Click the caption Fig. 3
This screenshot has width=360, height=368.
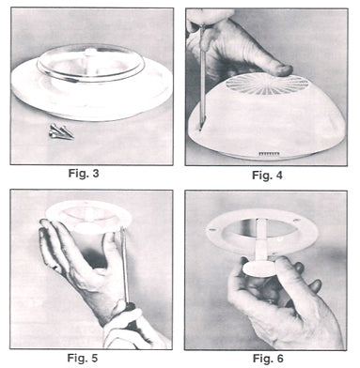click(x=84, y=173)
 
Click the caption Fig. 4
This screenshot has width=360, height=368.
click(x=267, y=176)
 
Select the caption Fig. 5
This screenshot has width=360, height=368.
click(x=83, y=358)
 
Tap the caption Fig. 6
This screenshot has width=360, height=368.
click(x=268, y=358)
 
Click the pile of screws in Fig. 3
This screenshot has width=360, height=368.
click(x=61, y=130)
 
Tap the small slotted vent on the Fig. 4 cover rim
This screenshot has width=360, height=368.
click(x=269, y=154)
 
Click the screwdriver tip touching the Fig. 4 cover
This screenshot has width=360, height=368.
click(x=201, y=129)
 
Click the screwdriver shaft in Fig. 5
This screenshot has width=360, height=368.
click(x=125, y=265)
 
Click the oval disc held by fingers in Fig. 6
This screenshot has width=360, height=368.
click(x=259, y=268)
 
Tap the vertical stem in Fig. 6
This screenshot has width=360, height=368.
click(x=261, y=239)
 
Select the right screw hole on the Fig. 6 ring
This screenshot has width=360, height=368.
click(x=296, y=222)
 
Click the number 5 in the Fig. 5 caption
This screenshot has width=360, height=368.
click(x=94, y=358)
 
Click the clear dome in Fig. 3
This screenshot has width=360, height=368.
click(x=91, y=64)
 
